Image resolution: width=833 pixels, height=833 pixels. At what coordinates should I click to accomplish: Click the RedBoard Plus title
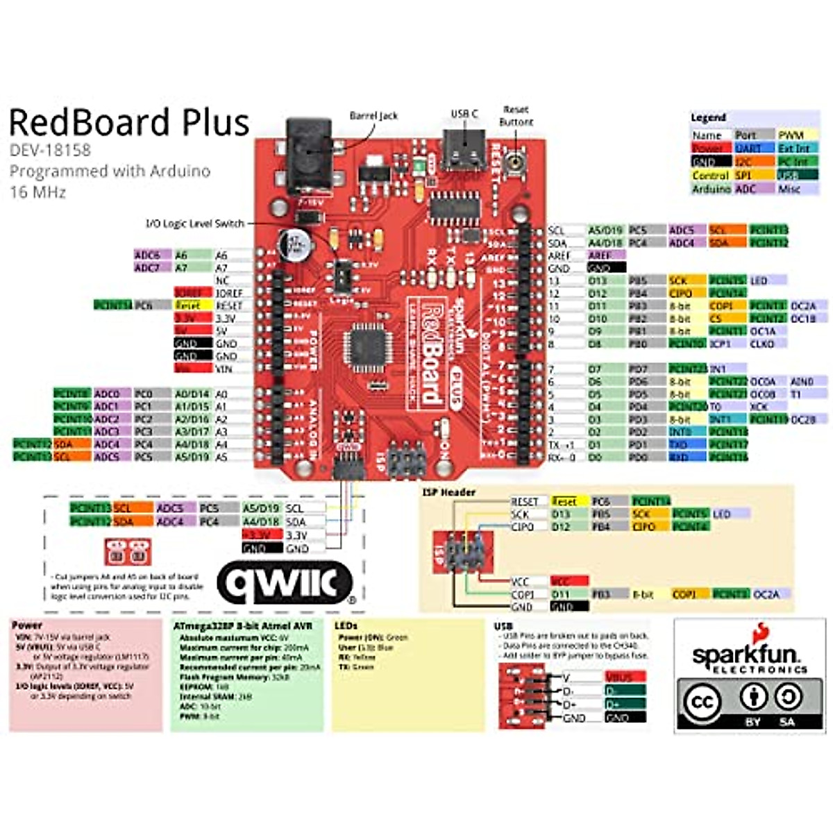click(129, 122)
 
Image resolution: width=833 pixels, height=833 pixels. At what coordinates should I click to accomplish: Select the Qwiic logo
click(285, 582)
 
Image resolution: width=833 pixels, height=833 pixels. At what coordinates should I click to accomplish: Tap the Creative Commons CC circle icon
click(702, 702)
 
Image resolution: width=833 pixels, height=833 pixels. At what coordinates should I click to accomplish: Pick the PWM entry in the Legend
click(791, 135)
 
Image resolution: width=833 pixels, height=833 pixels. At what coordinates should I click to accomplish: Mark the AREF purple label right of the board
click(600, 255)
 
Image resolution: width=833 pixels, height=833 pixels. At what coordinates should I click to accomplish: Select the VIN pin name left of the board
click(225, 369)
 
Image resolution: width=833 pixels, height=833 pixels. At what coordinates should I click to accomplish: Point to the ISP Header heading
click(449, 492)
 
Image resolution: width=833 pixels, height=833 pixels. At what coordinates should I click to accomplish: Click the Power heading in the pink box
click(27, 625)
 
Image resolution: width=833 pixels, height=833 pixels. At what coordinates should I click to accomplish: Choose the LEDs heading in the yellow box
click(346, 626)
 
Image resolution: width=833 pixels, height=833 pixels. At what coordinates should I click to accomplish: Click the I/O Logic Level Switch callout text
click(195, 224)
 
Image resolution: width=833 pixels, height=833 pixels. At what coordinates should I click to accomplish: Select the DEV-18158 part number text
click(50, 150)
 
